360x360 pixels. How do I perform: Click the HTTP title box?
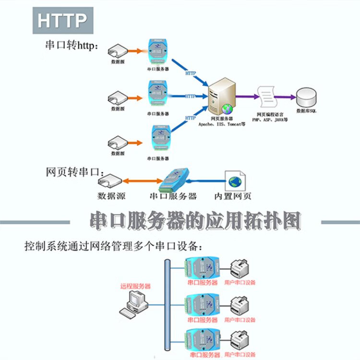(x=63, y=21)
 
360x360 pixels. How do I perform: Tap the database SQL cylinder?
(x=307, y=98)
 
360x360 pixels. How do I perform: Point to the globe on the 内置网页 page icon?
(x=235, y=181)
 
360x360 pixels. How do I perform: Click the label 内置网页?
(x=233, y=196)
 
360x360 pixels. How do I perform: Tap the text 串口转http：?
(x=72, y=45)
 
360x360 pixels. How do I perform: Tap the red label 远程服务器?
(x=135, y=286)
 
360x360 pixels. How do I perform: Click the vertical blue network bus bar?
(x=167, y=308)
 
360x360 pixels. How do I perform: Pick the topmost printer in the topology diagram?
(x=240, y=268)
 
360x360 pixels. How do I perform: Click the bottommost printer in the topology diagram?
(x=240, y=341)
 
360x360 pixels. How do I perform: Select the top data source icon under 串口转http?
(x=118, y=50)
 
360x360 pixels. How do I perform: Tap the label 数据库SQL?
(x=307, y=111)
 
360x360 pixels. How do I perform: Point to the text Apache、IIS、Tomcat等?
(x=222, y=123)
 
